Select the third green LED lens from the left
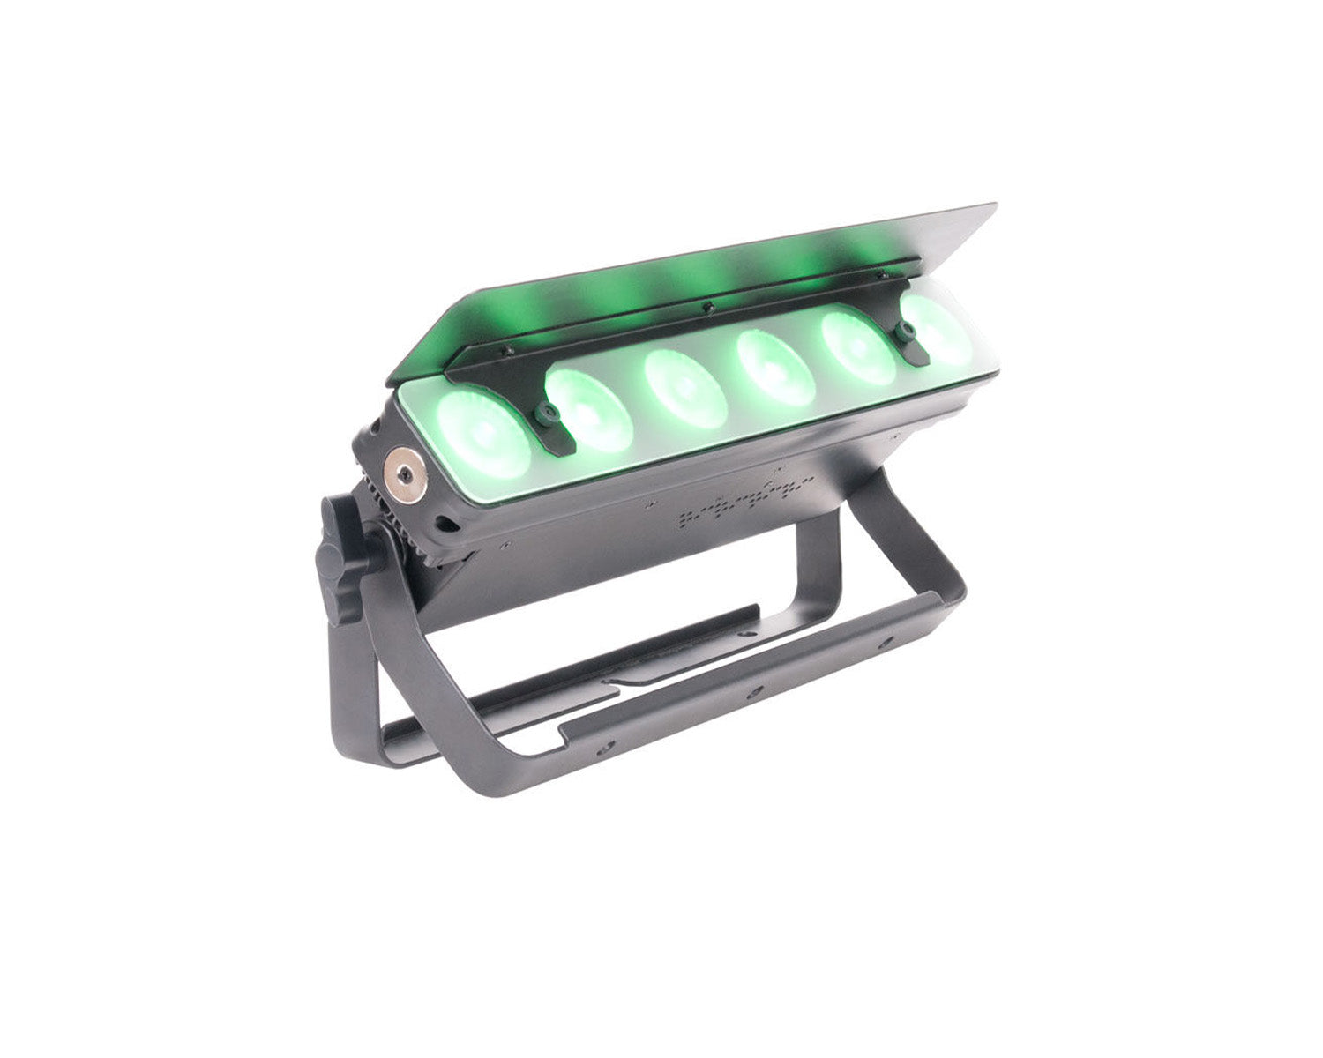685,386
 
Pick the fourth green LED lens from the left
776,367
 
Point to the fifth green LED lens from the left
859,347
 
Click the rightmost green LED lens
937,329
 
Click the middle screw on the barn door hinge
705,308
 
